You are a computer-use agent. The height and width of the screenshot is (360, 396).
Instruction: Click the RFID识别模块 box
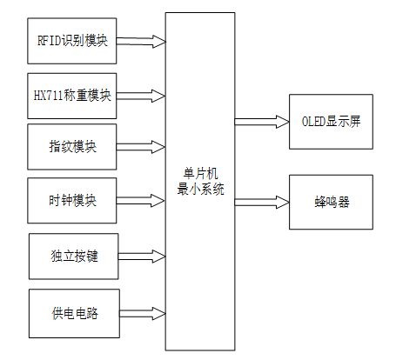pyautogui.click(x=72, y=41)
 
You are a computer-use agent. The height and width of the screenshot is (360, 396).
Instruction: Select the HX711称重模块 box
pyautogui.click(x=72, y=95)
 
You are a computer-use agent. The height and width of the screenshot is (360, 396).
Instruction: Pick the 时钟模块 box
pyautogui.click(x=72, y=201)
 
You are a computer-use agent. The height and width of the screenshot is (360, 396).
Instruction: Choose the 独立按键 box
pyautogui.click(x=73, y=257)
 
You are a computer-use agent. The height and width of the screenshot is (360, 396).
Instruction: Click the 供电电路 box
pyautogui.click(x=73, y=312)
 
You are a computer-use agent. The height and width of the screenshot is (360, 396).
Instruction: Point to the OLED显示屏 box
pyautogui.click(x=331, y=121)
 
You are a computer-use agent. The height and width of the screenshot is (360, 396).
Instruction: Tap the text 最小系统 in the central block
pyautogui.click(x=200, y=189)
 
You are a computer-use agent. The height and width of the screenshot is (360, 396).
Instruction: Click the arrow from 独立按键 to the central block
pyautogui.click(x=141, y=257)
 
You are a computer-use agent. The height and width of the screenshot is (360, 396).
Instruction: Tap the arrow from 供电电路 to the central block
pyautogui.click(x=141, y=312)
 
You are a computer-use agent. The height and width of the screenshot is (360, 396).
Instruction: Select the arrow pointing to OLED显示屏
pyautogui.click(x=261, y=121)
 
